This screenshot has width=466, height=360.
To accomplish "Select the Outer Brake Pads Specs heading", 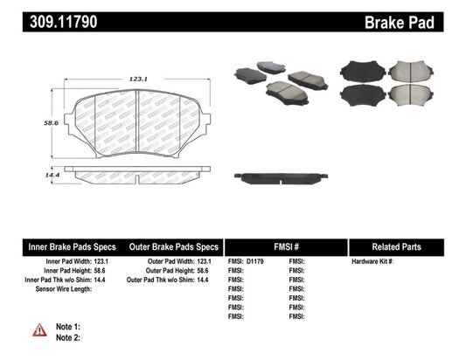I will (173, 246).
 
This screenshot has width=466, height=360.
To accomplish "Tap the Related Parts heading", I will (407, 246).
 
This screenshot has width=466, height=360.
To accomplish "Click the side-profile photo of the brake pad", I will (282, 176).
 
